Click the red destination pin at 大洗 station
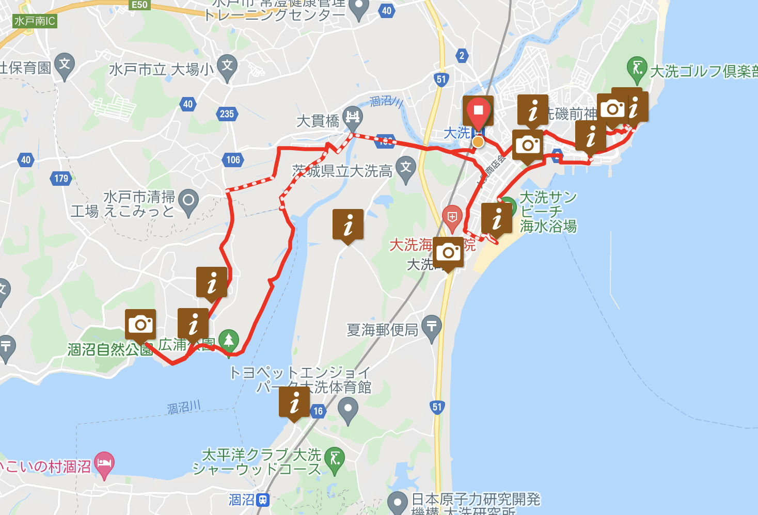point(478,110)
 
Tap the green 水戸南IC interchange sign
point(35,21)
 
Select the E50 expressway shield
point(139,5)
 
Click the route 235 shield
point(227,114)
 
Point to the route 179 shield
point(61,179)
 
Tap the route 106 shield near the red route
point(233,159)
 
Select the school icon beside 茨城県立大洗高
point(406,168)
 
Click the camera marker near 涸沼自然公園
point(140,324)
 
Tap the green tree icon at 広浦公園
point(228,340)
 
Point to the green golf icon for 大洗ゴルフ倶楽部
point(637,68)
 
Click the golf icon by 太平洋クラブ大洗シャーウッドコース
point(335,458)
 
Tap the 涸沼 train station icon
point(263,500)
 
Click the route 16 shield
point(318,411)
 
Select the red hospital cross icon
point(452,217)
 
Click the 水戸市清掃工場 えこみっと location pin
point(188,200)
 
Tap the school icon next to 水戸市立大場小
point(227,67)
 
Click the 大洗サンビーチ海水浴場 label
point(548,212)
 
